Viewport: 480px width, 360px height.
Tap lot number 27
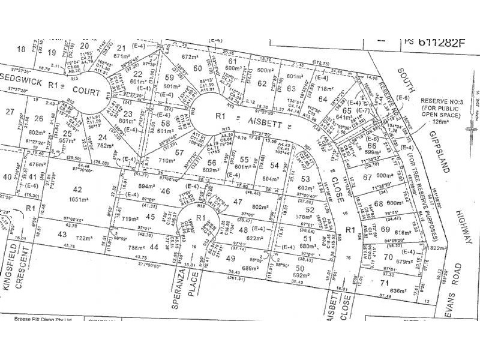pyautogui.click(x=8, y=112)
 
